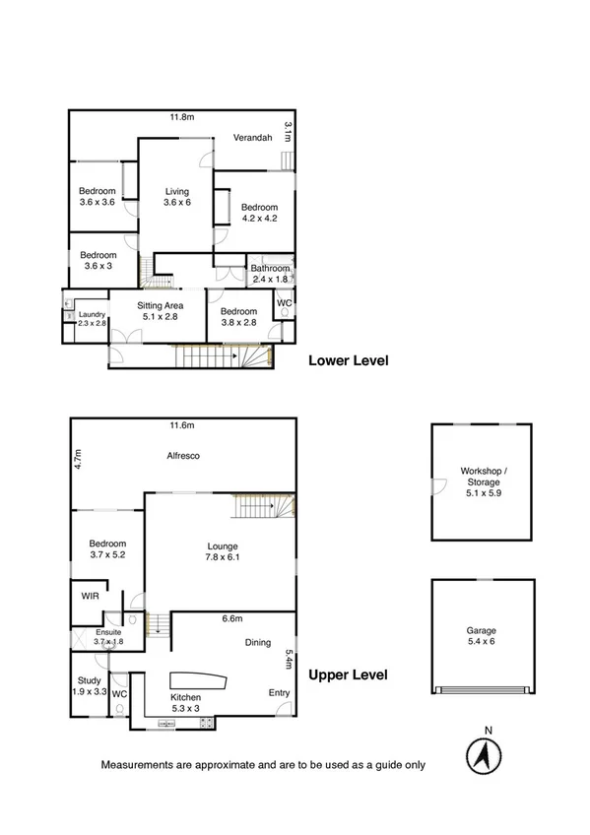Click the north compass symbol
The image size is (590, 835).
(482, 755)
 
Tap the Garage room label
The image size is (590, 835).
(482, 636)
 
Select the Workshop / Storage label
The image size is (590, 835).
(483, 482)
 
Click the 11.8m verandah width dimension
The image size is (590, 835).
(180, 117)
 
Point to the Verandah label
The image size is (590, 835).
(252, 138)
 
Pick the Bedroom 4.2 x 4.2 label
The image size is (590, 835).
(260, 213)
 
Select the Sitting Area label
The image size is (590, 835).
(157, 311)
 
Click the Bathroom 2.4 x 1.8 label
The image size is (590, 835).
(270, 274)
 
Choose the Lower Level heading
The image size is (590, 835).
(349, 360)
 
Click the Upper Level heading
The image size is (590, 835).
(349, 675)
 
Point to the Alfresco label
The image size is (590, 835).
(183, 456)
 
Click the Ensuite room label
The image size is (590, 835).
(108, 636)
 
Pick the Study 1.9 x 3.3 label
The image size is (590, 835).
(89, 685)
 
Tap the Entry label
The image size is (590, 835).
(280, 693)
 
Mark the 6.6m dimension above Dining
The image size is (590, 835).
(232, 619)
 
